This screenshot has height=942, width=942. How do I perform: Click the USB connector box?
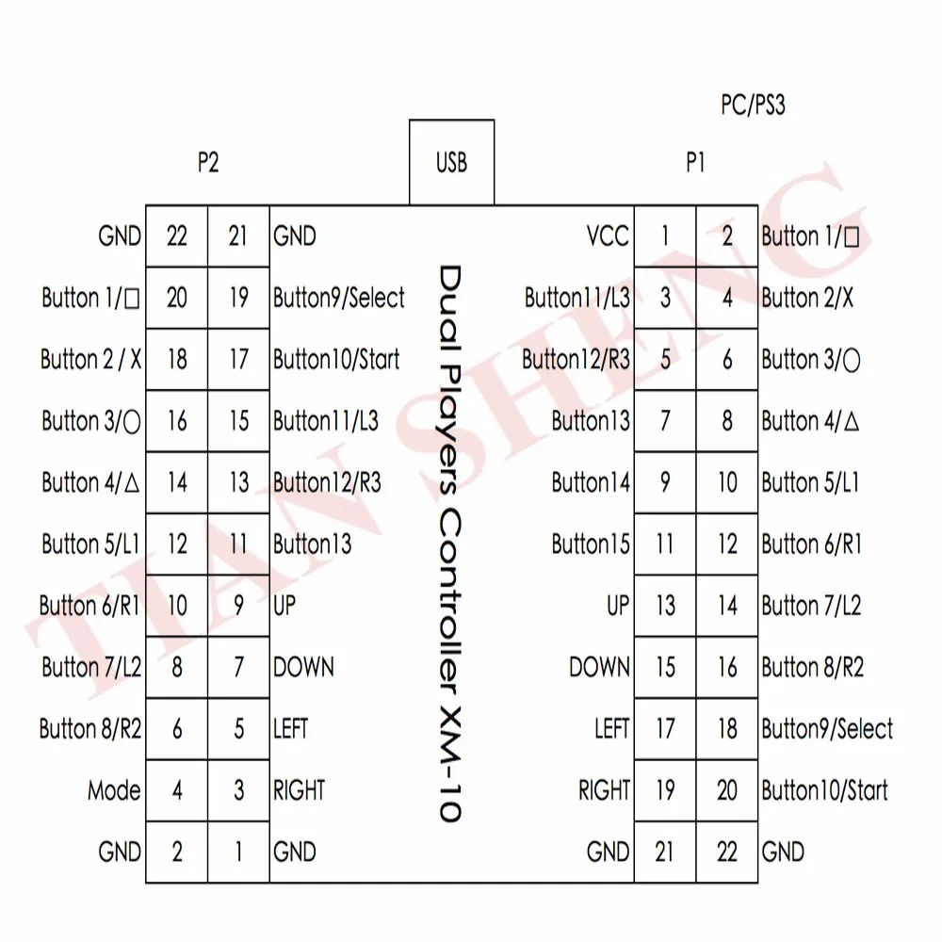point(452,162)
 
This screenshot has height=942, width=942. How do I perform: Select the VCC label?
point(608,236)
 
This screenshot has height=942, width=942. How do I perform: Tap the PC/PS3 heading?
point(753,105)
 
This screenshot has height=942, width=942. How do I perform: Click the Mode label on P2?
point(114,790)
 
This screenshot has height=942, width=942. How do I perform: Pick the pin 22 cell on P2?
point(177,236)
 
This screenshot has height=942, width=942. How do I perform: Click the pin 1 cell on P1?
point(665,236)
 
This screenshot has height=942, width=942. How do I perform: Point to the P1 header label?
point(695,162)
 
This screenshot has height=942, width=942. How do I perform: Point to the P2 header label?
point(208,162)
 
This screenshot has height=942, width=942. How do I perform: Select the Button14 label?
point(591,482)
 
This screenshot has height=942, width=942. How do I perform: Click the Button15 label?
point(591,544)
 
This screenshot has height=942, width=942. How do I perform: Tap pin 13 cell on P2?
point(238,482)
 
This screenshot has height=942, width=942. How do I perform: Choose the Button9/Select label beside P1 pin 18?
point(827,729)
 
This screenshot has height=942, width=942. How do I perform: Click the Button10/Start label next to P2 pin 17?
point(336,359)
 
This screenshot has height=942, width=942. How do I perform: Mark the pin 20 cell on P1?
point(727,790)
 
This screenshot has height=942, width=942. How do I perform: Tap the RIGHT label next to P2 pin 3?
point(299,790)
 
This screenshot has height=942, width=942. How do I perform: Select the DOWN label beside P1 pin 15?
point(599,667)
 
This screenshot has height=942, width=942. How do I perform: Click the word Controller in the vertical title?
point(450,602)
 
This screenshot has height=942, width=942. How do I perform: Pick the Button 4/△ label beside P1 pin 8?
point(810,420)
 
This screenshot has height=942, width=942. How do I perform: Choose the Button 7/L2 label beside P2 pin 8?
point(91,667)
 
